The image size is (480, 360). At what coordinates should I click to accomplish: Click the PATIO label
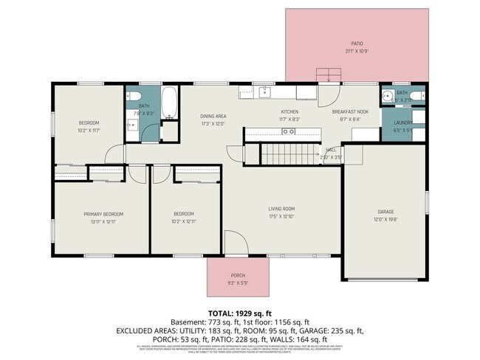click(x=357, y=44)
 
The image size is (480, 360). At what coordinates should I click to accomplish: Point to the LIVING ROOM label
click(x=281, y=209)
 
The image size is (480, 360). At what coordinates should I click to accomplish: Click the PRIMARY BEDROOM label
click(x=103, y=214)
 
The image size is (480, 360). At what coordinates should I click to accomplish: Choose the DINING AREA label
click(x=213, y=117)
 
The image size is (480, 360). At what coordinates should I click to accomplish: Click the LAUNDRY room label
click(x=402, y=123)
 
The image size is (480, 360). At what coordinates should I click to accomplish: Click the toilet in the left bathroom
click(x=133, y=97)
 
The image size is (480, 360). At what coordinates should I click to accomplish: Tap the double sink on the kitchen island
click(x=289, y=131)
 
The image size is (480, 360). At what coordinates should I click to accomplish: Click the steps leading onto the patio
click(x=325, y=76)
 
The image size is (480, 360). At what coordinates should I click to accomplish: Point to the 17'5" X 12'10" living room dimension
click(x=281, y=217)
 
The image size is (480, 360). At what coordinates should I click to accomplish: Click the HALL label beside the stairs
click(x=331, y=149)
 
